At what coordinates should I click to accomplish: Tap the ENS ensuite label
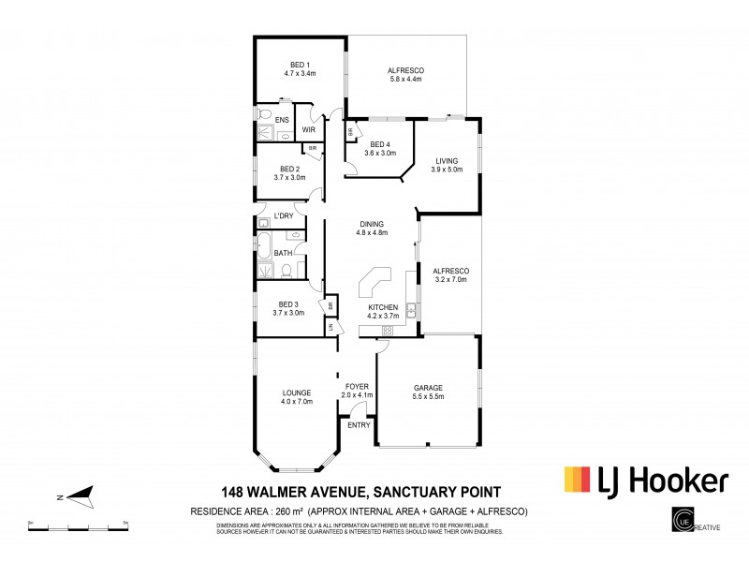(281, 119)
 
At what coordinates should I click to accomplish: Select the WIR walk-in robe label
(308, 129)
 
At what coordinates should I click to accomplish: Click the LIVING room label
(447, 160)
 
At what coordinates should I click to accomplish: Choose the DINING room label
(373, 224)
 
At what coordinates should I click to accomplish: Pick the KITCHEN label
(384, 307)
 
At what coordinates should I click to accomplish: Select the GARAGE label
(428, 388)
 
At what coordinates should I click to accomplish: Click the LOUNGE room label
(297, 392)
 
